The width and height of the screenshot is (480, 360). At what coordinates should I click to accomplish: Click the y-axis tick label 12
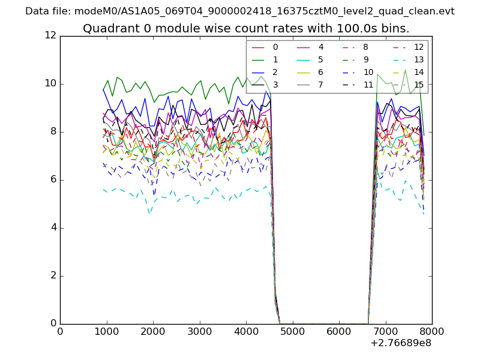pyautogui.click(x=50, y=36)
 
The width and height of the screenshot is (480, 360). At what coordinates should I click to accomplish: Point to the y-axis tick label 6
pyautogui.click(x=53, y=180)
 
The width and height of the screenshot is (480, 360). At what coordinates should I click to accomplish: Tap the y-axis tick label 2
pyautogui.click(x=53, y=276)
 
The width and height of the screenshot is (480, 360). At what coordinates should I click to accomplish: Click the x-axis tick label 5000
pyautogui.click(x=292, y=331)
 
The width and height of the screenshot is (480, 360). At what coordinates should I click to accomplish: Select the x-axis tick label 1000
pyautogui.click(x=106, y=331)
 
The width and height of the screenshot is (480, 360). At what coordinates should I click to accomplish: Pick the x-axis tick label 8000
pyautogui.click(x=432, y=331)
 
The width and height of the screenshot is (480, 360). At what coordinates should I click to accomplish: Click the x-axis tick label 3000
pyautogui.click(x=199, y=331)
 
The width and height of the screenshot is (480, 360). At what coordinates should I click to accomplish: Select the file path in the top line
pyautogui.click(x=264, y=11)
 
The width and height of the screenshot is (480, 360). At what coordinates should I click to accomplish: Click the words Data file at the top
pyautogui.click(x=47, y=11)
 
